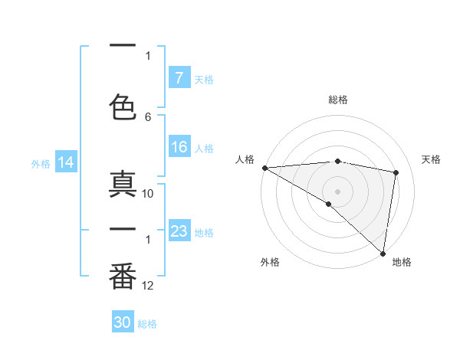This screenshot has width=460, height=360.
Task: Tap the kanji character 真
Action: click(123, 186)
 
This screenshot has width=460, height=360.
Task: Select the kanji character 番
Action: click(123, 277)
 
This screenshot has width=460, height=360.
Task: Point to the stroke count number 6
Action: click(148, 116)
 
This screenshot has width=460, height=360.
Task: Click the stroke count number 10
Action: click(148, 193)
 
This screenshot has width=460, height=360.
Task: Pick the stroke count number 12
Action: click(148, 286)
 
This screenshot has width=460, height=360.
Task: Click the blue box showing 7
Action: click(179, 77)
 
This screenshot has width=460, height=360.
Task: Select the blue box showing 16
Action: click(179, 147)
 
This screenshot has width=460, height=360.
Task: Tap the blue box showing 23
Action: click(179, 231)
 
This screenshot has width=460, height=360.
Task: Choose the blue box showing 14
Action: click(65, 162)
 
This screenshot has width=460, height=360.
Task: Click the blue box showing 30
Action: click(123, 322)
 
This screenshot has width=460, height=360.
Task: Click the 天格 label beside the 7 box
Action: click(203, 79)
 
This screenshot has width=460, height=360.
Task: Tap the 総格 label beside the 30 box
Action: click(147, 324)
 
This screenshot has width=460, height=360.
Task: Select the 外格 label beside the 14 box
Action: click(41, 163)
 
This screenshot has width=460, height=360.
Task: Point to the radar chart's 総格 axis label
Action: click(337, 100)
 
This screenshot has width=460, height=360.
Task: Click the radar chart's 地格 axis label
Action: click(402, 262)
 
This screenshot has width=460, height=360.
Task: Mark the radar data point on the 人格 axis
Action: click(264, 168)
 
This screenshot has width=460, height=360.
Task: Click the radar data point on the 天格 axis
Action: click(396, 172)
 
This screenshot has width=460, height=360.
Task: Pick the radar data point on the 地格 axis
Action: click(382, 253)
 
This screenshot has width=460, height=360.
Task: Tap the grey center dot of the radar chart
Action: click(337, 191)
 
